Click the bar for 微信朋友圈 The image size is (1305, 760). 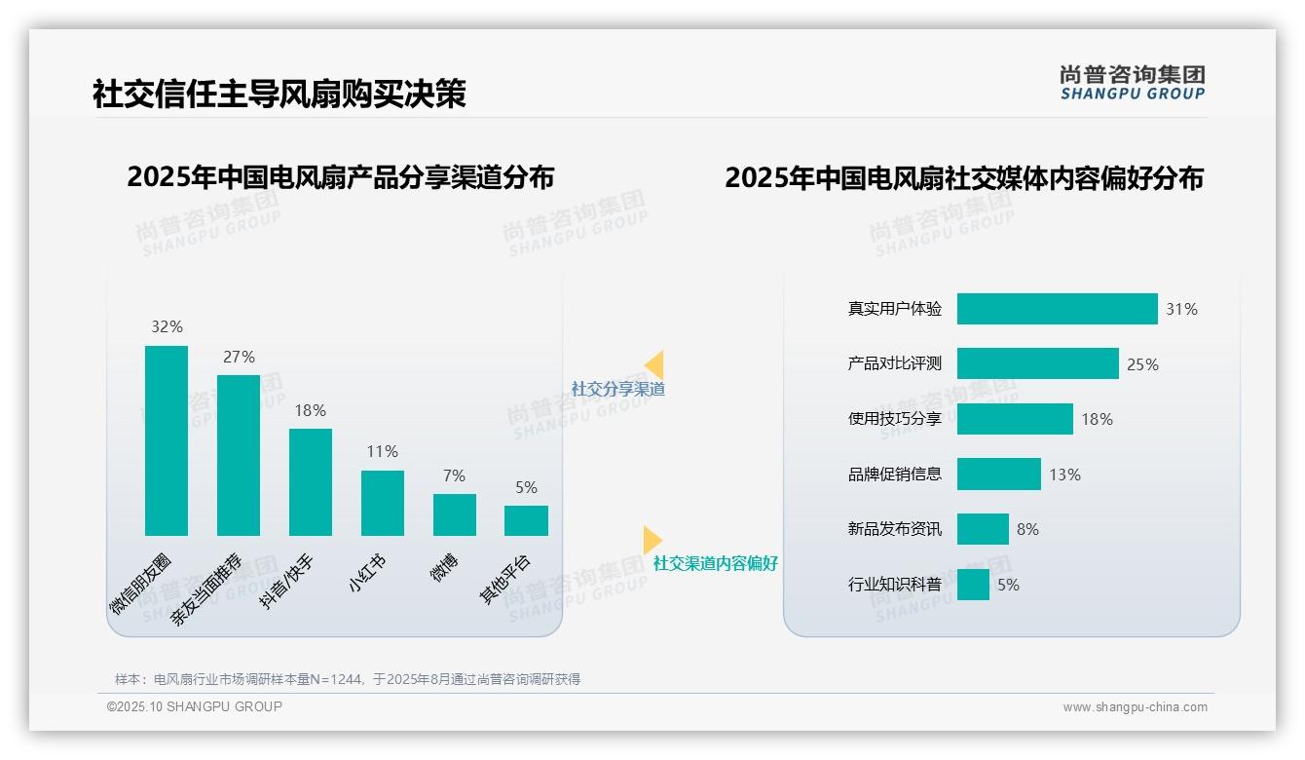point(167,440)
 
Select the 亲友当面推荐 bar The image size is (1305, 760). point(239,455)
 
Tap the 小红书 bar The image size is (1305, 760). point(383,503)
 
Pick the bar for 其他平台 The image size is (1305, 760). point(526,520)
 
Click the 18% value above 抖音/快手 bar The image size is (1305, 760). point(311,411)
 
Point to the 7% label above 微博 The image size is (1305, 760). point(454,476)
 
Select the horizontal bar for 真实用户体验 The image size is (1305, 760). point(1057,309)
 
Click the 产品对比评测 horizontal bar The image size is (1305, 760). point(1037,363)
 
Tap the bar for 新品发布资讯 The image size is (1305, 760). point(983,529)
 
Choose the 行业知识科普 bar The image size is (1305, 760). point(973,585)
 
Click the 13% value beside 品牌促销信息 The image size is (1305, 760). point(1064,475)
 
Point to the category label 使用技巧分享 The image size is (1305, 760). point(895,419)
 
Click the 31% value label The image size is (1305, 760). point(1181,310)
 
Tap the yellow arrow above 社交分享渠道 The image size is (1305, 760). point(654,365)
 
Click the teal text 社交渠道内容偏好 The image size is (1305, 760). point(716,563)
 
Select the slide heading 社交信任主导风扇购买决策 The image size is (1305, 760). point(280,94)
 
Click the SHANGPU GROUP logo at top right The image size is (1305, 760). point(1132,83)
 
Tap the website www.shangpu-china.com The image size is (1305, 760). point(1135,707)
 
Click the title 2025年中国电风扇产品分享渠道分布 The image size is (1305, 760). point(340,177)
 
